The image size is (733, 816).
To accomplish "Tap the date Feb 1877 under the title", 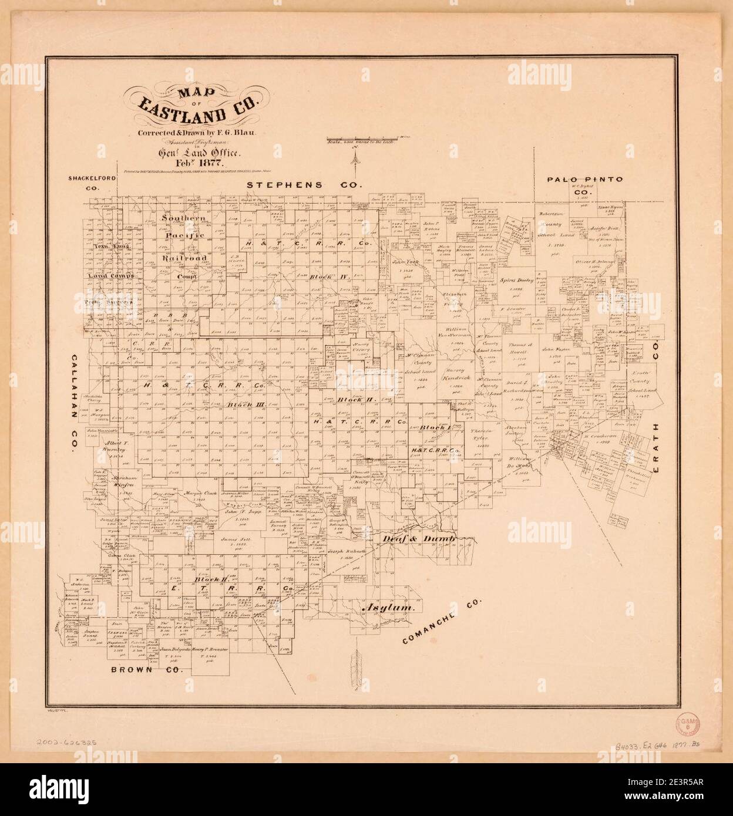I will pyautogui.click(x=191, y=163).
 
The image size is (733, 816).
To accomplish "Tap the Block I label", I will pyautogui.click(x=435, y=428).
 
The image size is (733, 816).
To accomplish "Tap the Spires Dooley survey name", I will pyautogui.click(x=515, y=281).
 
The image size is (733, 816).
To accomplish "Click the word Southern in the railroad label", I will pyautogui.click(x=184, y=219).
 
